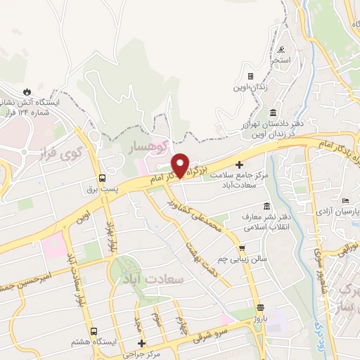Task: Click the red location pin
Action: click(x=181, y=165)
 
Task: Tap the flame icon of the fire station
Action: click(x=27, y=91)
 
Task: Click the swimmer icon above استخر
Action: click(x=282, y=50)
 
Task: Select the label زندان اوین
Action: click(x=250, y=87)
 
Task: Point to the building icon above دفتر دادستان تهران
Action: click(x=273, y=113)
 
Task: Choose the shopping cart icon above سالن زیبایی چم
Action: click(x=242, y=248)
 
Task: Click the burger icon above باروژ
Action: click(x=261, y=307)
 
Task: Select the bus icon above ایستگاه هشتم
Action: click(x=92, y=330)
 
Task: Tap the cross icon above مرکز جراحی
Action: click(x=143, y=344)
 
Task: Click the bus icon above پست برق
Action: click(x=103, y=179)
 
